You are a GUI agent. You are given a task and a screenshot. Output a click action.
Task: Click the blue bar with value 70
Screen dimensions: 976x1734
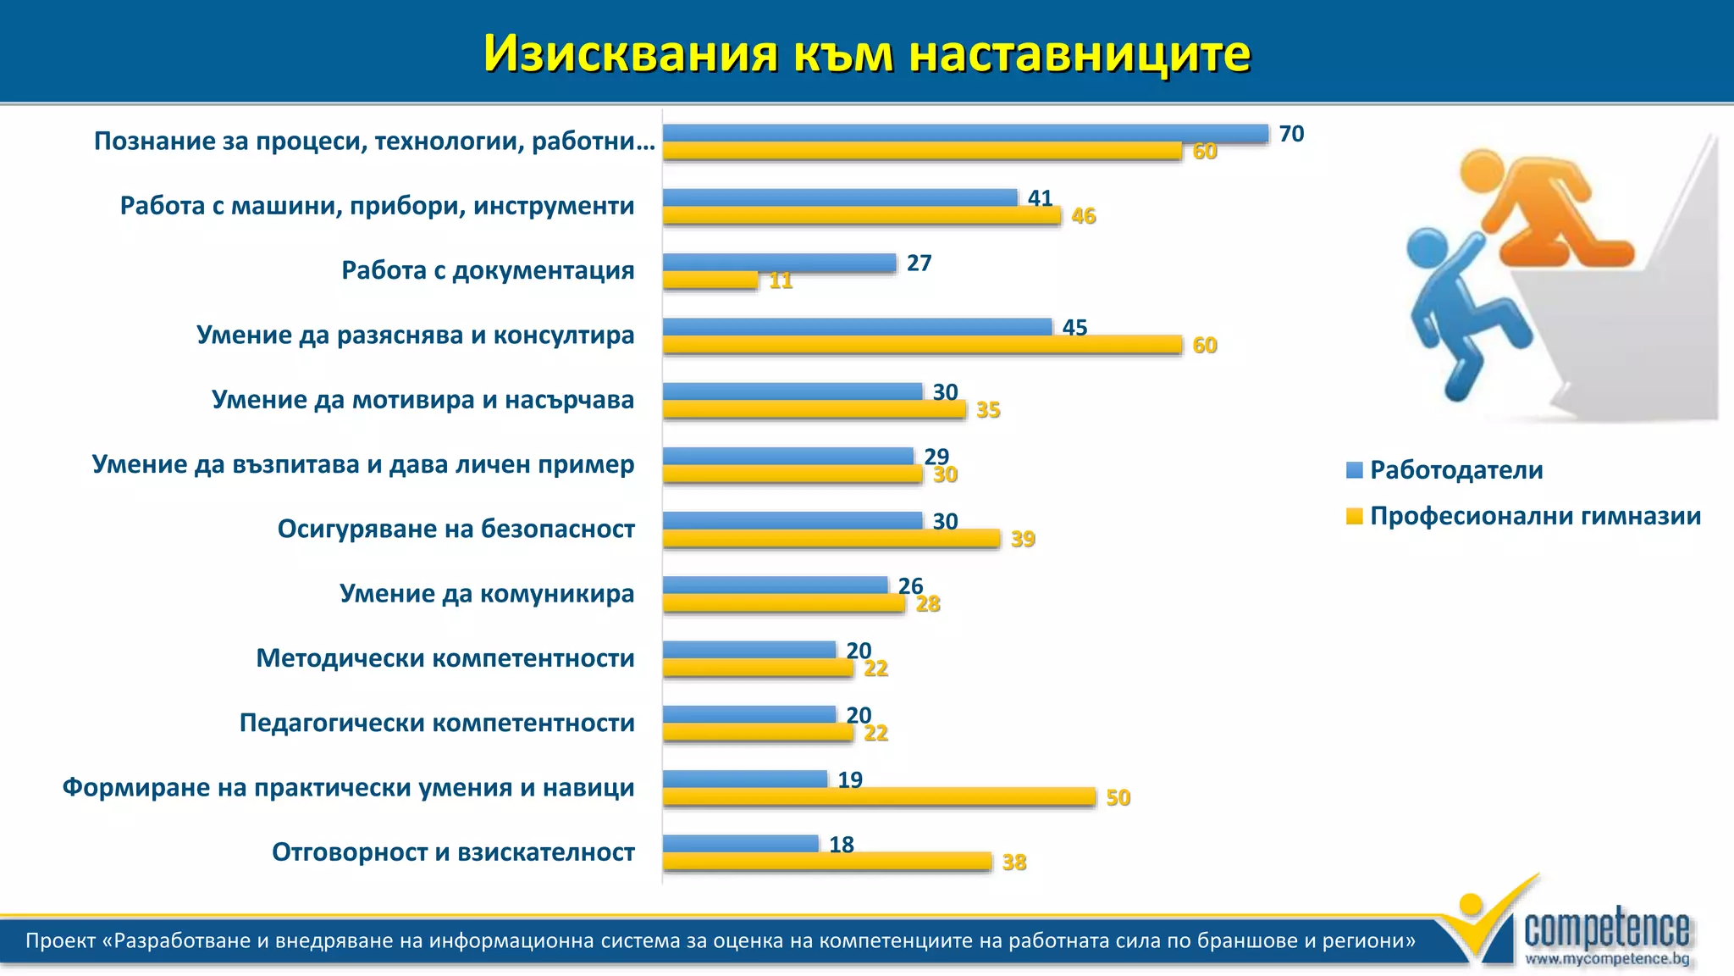pyautogui.click(x=965, y=133)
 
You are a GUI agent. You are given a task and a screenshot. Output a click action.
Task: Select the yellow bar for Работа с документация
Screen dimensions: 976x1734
pyautogui.click(x=710, y=280)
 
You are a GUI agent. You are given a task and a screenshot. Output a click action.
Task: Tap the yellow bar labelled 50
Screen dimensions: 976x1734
pyautogui.click(x=879, y=796)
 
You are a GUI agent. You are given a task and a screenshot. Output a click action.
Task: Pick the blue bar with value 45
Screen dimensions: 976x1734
pyautogui.click(x=857, y=327)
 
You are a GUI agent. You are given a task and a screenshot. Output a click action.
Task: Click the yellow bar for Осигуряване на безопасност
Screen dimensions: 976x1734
pyautogui.click(x=831, y=538)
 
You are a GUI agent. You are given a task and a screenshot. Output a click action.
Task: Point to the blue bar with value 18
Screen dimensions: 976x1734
pyautogui.click(x=740, y=844)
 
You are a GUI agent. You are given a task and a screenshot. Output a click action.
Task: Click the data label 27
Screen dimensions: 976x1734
pyautogui.click(x=919, y=263)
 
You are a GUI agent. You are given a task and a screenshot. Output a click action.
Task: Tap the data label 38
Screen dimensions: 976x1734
pyautogui.click(x=1013, y=862)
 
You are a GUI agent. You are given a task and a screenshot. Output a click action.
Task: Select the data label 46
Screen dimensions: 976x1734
pyautogui.click(x=1083, y=216)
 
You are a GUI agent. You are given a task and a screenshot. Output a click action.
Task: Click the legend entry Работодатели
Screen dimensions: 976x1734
pyautogui.click(x=1455, y=470)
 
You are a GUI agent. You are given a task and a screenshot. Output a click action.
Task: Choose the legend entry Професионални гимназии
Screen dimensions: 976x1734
pyautogui.click(x=1534, y=516)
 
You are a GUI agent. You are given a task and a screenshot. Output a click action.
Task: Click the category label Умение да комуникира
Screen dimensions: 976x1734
pyautogui.click(x=487, y=593)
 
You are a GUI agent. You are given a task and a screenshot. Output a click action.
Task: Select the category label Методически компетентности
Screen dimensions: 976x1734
pyautogui.click(x=445, y=658)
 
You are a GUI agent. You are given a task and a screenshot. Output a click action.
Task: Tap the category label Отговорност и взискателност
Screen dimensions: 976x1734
pyautogui.click(x=453, y=852)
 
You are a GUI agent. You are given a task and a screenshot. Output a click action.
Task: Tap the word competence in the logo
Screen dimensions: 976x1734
pyautogui.click(x=1606, y=930)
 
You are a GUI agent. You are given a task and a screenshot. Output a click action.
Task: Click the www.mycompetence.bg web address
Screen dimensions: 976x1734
pyautogui.click(x=1607, y=959)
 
